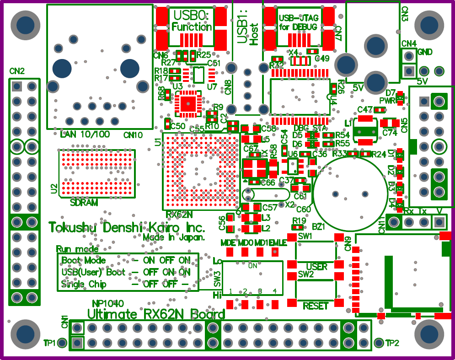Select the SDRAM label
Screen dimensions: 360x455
pyautogui.click(x=84, y=202)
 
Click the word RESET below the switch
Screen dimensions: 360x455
pyautogui.click(x=316, y=306)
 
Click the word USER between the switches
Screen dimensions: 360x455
pyautogui.click(x=316, y=267)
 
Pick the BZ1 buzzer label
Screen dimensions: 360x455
pyautogui.click(x=318, y=226)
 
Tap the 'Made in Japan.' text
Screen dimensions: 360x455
pyautogui.click(x=174, y=238)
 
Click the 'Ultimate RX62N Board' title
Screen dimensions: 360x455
pyautogui.click(x=156, y=315)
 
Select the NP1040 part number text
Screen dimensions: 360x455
pyautogui.click(x=108, y=303)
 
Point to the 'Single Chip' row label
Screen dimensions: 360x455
pyautogui.click(x=84, y=284)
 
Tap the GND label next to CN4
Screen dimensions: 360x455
pyautogui.click(x=425, y=52)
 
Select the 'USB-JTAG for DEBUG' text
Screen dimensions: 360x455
pyautogui.click(x=298, y=23)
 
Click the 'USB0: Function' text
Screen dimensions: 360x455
pyautogui.click(x=191, y=21)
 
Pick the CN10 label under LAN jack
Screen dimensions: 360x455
pyautogui.click(x=133, y=135)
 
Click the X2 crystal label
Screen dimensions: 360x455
pyautogui.click(x=289, y=205)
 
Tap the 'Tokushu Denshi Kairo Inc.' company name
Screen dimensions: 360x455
pyautogui.click(x=127, y=227)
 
